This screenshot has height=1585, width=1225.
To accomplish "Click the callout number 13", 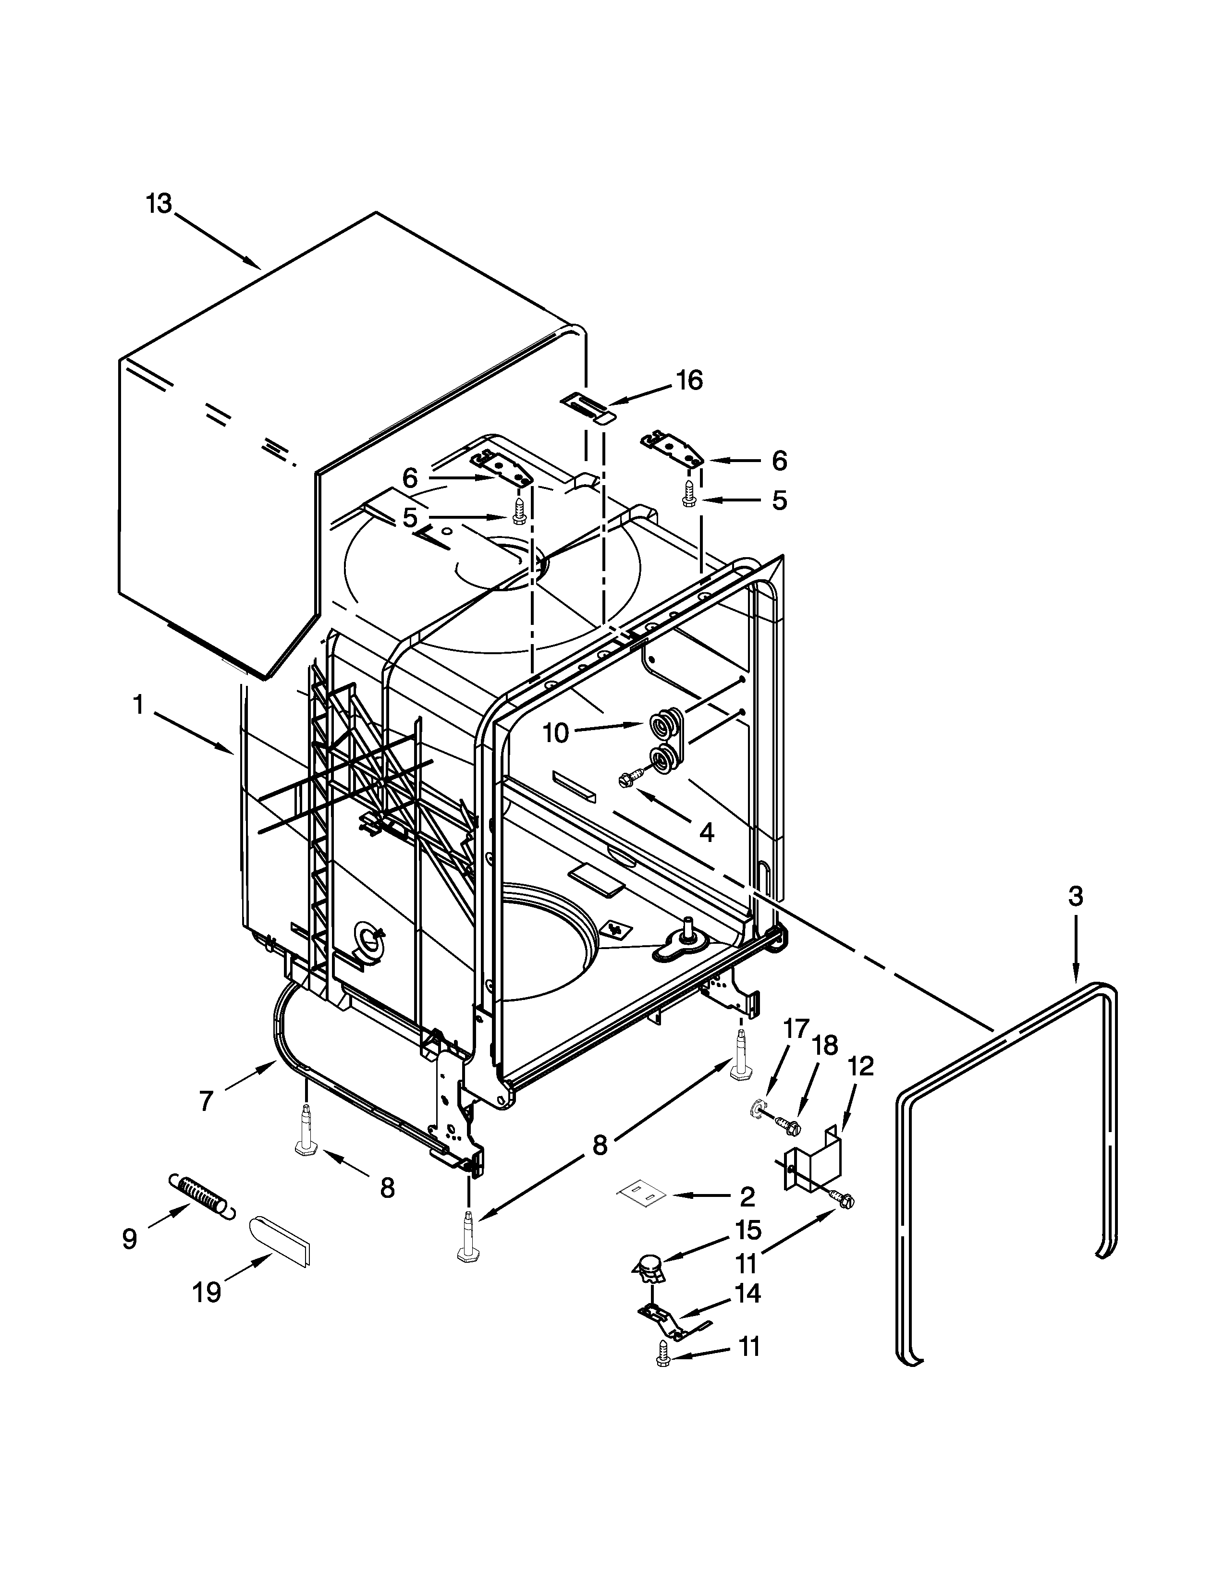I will point(158,204).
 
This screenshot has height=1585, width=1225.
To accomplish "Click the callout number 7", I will point(206,1101).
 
